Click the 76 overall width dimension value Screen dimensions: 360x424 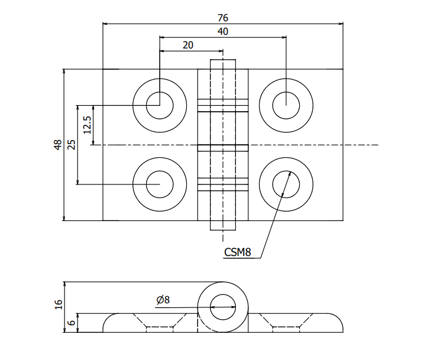pyautogui.click(x=223, y=18)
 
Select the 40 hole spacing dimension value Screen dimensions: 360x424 pyautogui.click(x=223, y=31)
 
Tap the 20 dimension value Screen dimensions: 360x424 pyautogui.click(x=188, y=45)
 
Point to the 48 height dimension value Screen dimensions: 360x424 pyautogui.click(x=58, y=145)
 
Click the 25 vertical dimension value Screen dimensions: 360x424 pyautogui.click(x=72, y=145)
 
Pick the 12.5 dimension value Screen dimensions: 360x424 pyautogui.click(x=87, y=125)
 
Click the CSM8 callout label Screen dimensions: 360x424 pyautogui.click(x=238, y=252)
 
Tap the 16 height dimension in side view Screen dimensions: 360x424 pyautogui.click(x=58, y=304)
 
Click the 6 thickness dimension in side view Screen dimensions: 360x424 pyautogui.click(x=72, y=323)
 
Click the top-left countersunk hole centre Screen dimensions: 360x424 pyautogui.click(x=159, y=106)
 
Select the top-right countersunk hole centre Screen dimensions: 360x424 pyautogui.click(x=286, y=106)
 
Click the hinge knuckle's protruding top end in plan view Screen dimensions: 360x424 pyautogui.click(x=223, y=64)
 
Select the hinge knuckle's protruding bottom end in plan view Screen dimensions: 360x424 pyautogui.click(x=223, y=225)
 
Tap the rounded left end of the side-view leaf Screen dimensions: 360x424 pyautogui.click(x=109, y=324)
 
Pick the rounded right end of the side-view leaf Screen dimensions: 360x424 pyautogui.click(x=337, y=324)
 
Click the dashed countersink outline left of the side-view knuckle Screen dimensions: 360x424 pyautogui.click(x=159, y=322)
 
